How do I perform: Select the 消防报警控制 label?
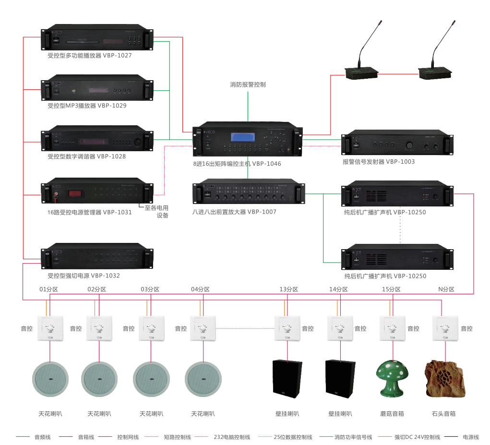(248, 84)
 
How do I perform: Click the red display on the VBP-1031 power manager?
(74, 193)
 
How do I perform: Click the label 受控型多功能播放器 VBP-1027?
(89, 55)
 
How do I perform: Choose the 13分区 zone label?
(288, 289)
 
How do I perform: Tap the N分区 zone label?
(446, 289)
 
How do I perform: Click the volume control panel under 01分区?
(50, 328)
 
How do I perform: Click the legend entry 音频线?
(39, 437)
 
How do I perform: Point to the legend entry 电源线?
(471, 437)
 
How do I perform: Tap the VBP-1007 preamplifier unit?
(249, 193)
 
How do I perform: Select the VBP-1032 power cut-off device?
(98, 258)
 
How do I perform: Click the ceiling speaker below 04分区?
(203, 379)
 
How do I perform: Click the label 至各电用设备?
(157, 212)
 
